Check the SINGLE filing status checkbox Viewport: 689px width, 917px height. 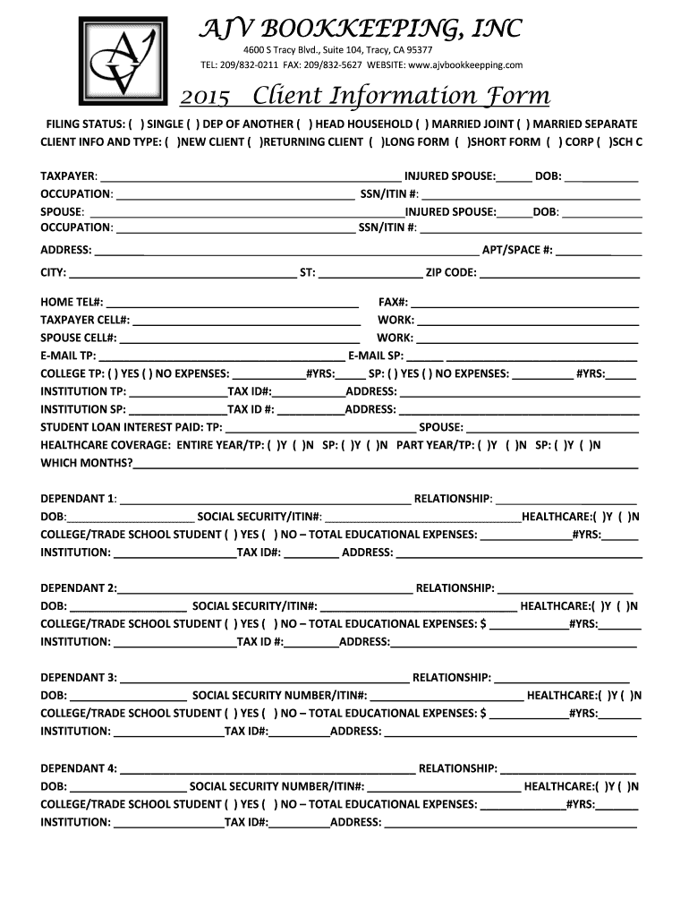(x=135, y=124)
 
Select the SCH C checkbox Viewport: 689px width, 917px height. (x=605, y=141)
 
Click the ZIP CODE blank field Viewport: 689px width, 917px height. (x=560, y=273)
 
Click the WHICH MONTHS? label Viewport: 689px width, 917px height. (x=87, y=463)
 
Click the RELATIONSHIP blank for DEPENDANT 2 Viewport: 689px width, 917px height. (x=565, y=588)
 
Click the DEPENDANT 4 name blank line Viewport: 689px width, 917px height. (x=267, y=768)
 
